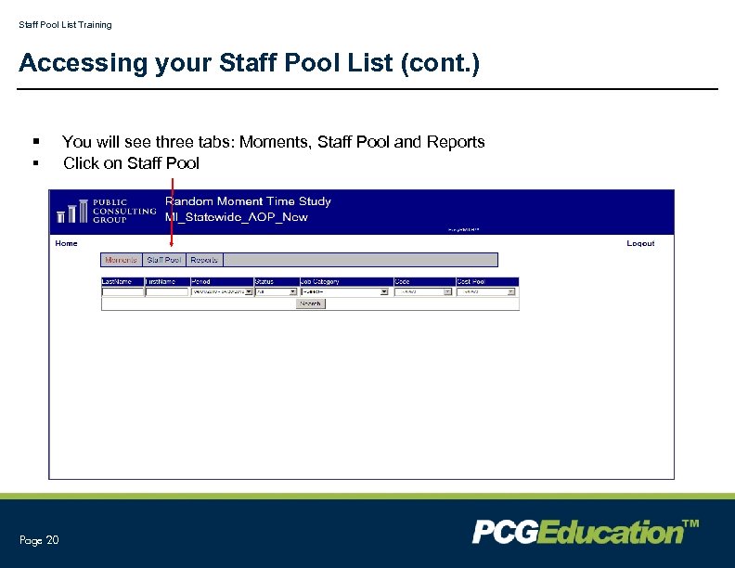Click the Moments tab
pos(122,260)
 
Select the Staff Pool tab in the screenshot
pos(164,260)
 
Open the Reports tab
pos(204,260)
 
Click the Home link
pos(67,243)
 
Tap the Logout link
pos(640,243)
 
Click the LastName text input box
pos(122,291)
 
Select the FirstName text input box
pos(167,291)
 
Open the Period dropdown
pos(221,291)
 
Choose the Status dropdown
pos(276,291)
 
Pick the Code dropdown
pos(422,291)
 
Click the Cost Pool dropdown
pos(485,291)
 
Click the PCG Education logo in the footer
pos(585,532)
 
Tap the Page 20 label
pos(39,540)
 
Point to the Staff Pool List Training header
pos(65,25)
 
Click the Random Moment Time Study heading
pos(248,201)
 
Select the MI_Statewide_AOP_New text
pos(236,217)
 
